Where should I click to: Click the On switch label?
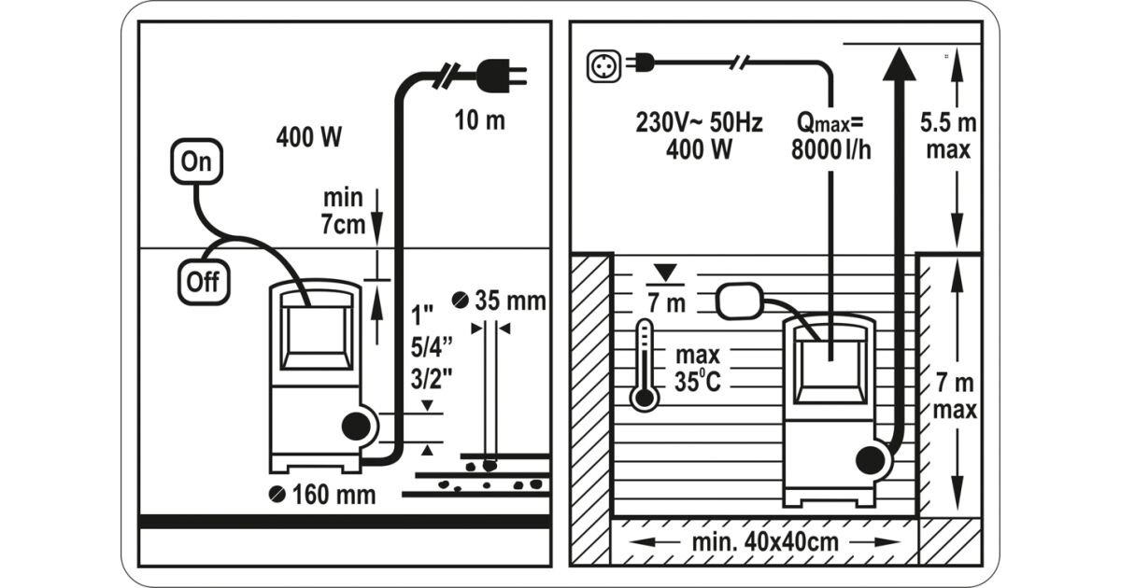point(196,161)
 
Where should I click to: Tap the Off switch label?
point(203,280)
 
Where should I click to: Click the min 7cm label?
point(343,211)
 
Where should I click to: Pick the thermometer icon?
point(644,366)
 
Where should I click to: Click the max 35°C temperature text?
point(698,369)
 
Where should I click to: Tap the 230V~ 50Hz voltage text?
point(699,123)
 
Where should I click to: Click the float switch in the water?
point(740,301)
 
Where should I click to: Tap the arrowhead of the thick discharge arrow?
point(899,65)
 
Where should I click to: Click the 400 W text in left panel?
point(308,137)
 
